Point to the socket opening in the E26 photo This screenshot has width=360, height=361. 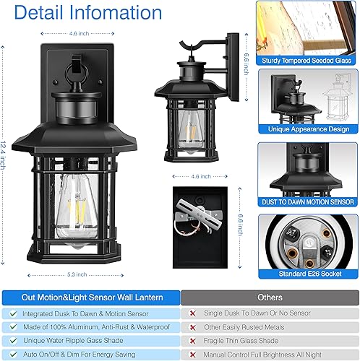pyautogui.click(x=307, y=242)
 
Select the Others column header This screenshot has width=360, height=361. pyautogui.click(x=269, y=297)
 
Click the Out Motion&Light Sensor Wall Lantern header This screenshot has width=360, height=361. pyautogui.click(x=90, y=297)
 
